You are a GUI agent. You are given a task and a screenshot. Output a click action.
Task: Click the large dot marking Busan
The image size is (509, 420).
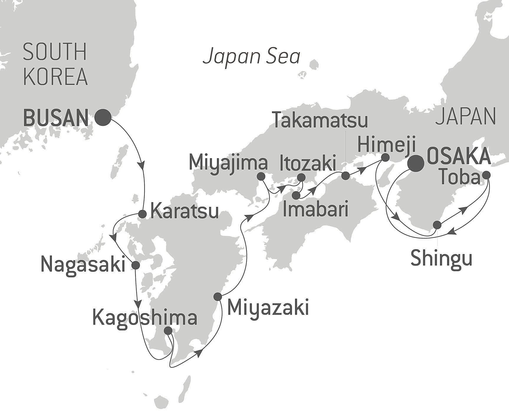click(103, 117)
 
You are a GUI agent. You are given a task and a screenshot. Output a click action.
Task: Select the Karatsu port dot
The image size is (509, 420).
click(142, 214)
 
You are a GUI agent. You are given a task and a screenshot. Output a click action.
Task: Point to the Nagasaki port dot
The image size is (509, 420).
click(135, 265)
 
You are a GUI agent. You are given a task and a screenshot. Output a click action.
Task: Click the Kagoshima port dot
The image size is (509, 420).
click(168, 331)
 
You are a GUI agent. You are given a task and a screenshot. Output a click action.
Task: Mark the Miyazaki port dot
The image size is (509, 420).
click(218, 297)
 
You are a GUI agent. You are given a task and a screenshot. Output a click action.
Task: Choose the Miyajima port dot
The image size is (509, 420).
click(261, 177)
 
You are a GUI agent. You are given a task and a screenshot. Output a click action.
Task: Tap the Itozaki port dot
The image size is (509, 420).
click(301, 177)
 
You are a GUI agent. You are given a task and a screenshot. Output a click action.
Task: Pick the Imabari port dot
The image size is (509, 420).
click(296, 195)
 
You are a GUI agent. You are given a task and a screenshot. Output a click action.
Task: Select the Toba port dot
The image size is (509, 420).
click(486, 175)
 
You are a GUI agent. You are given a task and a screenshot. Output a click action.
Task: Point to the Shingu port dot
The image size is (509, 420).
click(437, 225)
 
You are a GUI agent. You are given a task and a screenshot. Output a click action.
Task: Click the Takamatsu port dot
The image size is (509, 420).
click(345, 176)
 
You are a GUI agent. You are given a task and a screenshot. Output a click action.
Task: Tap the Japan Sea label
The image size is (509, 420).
click(251, 57)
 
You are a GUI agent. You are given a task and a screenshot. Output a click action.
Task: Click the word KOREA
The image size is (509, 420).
click(55, 76)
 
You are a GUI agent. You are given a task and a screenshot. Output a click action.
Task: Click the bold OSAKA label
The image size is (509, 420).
click(459, 156)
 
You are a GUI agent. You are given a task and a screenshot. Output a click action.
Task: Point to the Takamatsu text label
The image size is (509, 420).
click(321, 120)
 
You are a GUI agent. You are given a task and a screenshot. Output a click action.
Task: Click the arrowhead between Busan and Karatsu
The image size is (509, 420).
click(143, 165)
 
